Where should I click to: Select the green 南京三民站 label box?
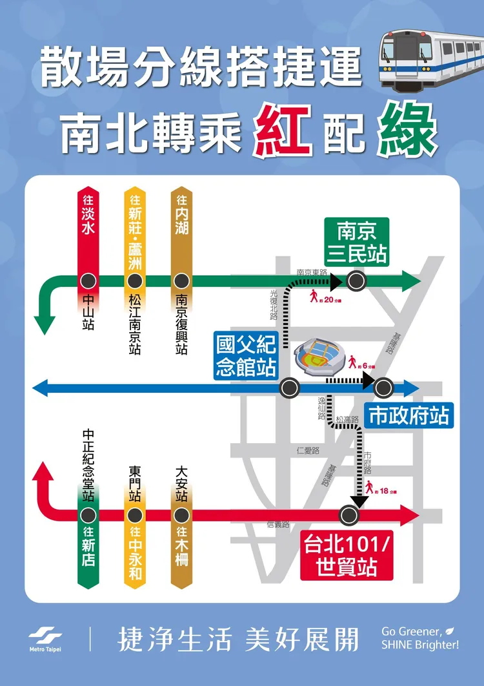coord(356,242)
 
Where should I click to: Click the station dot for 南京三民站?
coord(356,280)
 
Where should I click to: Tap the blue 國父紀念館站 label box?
coord(245,355)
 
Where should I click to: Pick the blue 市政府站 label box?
coord(408,415)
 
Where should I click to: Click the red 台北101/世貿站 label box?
coord(347,556)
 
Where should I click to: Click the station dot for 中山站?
coord(88,281)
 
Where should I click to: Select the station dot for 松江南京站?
coord(134,281)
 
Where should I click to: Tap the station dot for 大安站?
coord(181,515)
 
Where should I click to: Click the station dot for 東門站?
coord(134,515)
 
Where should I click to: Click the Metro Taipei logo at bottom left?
coord(45,639)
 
